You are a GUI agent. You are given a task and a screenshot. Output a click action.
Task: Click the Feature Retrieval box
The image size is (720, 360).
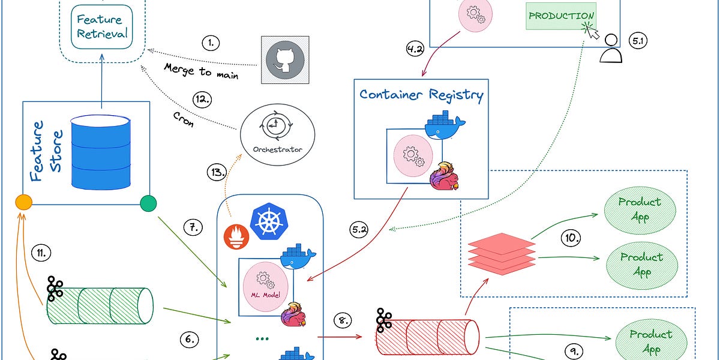pos(101,26)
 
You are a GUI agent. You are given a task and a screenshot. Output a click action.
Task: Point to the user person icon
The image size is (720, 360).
pos(611,50)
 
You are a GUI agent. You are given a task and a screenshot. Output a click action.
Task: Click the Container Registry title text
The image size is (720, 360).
pos(421,94)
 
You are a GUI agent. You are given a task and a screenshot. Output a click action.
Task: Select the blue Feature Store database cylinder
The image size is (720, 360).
pos(101,151)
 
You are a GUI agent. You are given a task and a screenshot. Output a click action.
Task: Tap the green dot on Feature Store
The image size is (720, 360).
pos(148,203)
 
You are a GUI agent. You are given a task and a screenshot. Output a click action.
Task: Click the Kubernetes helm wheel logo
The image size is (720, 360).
pos(268,221)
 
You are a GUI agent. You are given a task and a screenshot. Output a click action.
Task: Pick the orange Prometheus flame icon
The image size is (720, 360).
pos(236,236)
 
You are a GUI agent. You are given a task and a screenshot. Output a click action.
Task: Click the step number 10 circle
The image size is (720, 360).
pos(572,238)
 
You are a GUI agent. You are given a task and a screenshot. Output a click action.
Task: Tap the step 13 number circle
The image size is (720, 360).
pos(217,172)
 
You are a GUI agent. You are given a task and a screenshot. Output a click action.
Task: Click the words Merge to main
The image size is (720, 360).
pos(201,71)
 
